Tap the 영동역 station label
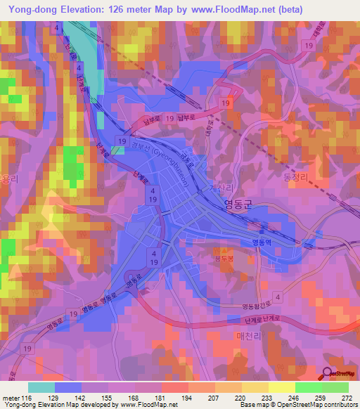(263, 241)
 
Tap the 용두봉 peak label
(223, 257)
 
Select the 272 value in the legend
(347, 398)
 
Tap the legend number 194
(186, 398)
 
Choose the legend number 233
(267, 398)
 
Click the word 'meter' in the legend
(10, 398)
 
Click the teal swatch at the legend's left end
(41, 387)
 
